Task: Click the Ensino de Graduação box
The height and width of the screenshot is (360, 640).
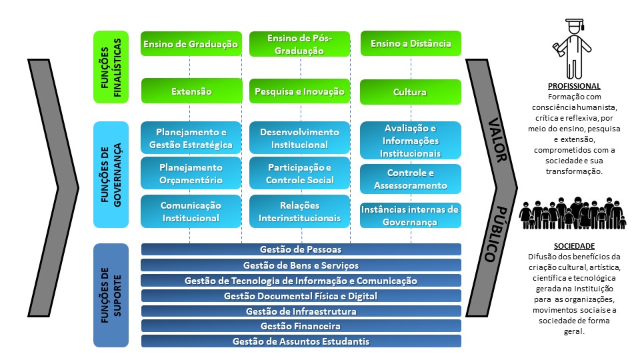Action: [190, 44]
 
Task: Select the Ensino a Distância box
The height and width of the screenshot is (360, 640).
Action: [410, 44]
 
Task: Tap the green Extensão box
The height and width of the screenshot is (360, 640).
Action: [191, 91]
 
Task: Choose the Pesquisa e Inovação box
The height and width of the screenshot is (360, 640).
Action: [299, 91]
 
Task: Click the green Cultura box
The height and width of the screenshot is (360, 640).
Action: [410, 92]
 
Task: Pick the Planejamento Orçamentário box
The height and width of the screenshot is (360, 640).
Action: [191, 173]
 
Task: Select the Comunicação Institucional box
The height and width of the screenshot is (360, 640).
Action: [191, 211]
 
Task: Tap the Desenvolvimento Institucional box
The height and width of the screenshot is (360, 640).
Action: [299, 138]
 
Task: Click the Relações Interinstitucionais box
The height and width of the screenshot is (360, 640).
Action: [299, 211]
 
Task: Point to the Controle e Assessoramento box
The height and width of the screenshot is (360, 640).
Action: [410, 179]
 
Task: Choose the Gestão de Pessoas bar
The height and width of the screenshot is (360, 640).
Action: [301, 249]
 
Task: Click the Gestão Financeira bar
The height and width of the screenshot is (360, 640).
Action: [301, 326]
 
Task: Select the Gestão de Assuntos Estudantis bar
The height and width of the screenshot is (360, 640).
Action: [301, 341]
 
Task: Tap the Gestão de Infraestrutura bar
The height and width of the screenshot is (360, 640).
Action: [301, 311]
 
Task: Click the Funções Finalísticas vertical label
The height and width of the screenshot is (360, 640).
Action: [110, 67]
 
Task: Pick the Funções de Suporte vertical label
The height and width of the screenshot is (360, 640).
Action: [110, 295]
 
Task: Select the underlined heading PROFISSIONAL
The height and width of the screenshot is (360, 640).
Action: [573, 87]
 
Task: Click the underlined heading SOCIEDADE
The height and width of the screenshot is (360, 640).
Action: [573, 246]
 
